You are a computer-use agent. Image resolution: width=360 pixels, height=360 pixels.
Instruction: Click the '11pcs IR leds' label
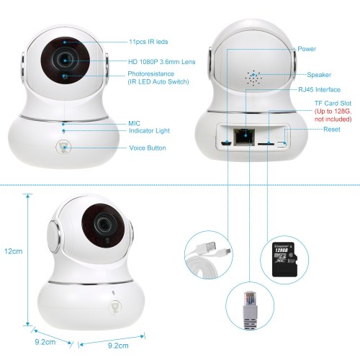148,42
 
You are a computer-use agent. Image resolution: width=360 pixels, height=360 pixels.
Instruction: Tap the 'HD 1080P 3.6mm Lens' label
162,62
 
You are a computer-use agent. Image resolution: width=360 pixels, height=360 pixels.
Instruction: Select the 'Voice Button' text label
148,148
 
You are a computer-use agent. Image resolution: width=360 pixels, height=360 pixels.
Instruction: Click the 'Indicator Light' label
149,131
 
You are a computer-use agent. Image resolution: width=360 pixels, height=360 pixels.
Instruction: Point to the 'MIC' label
134,124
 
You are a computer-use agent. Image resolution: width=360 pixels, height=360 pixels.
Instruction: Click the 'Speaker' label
319,75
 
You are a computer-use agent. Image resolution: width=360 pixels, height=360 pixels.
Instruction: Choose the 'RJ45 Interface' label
319,90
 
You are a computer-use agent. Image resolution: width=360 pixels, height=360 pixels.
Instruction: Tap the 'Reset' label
332,130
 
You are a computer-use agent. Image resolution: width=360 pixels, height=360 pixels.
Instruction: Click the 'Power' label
307,49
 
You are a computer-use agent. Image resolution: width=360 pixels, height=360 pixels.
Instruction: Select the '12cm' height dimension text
13,251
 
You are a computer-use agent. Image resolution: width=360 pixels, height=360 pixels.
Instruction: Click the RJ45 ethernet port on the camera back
245,136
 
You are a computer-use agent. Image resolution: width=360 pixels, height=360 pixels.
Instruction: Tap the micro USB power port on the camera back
226,143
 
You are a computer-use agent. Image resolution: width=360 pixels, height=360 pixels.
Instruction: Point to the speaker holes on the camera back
253,78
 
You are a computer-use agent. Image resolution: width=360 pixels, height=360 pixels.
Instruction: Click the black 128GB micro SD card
284,260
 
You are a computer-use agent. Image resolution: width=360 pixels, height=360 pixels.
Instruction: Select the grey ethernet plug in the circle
250,310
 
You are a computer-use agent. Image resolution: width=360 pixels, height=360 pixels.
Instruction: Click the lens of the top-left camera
65,60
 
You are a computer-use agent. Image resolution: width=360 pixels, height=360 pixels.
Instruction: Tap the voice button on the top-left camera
63,147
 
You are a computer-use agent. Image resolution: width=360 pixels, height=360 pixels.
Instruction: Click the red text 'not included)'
333,120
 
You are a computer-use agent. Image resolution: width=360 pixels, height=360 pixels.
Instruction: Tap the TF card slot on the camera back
266,144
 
